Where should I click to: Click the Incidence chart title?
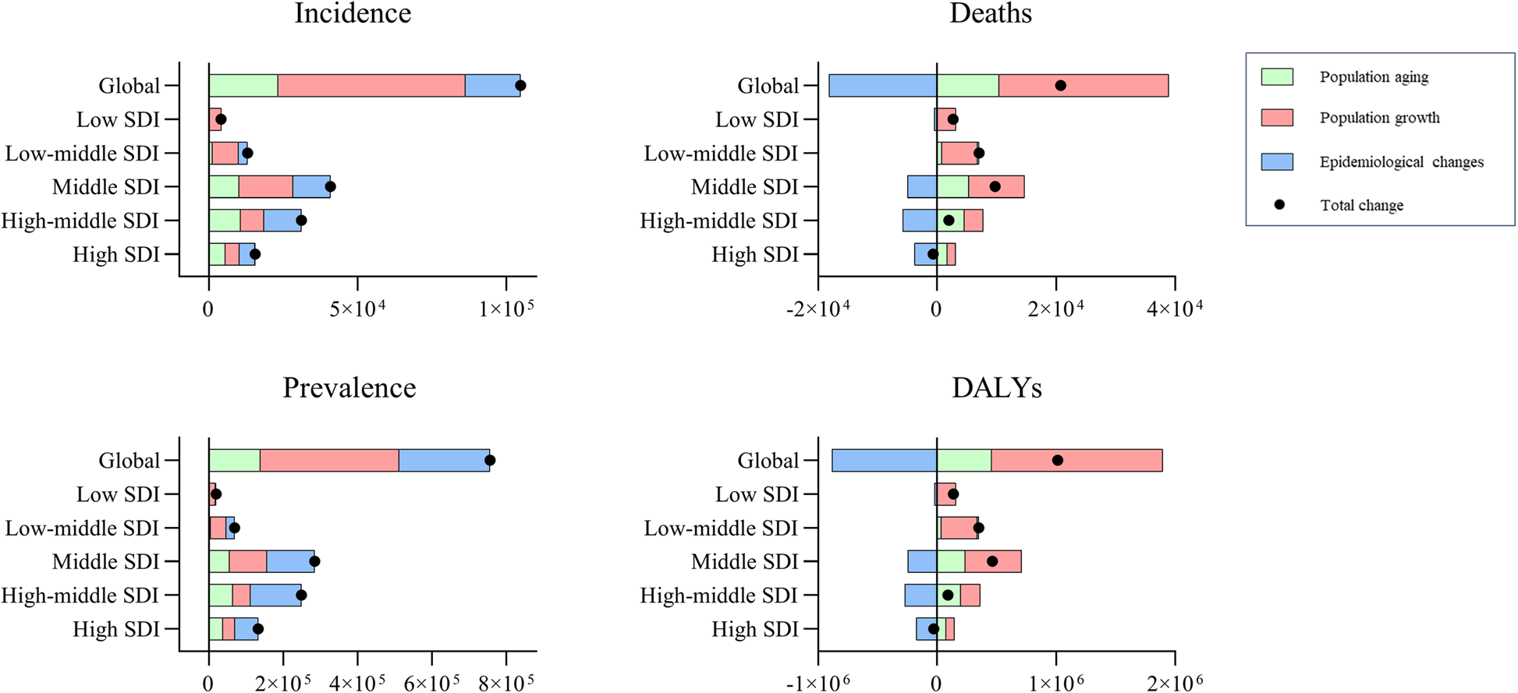(353, 13)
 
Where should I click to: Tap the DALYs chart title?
(996, 388)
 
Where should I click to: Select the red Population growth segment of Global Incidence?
(371, 86)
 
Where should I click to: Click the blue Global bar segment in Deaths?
(882, 86)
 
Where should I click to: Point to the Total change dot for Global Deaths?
(1060, 86)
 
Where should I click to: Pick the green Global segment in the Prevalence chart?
(234, 461)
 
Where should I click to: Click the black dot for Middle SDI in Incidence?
(330, 187)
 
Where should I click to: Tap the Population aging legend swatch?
(1277, 76)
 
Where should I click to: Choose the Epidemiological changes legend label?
(1401, 162)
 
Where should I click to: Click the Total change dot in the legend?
(1279, 205)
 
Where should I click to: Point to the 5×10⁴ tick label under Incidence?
(358, 309)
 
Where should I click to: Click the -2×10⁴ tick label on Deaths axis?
(818, 309)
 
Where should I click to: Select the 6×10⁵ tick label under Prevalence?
(432, 684)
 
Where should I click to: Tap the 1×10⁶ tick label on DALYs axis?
(1056, 684)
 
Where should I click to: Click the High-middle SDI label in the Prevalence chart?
(80, 596)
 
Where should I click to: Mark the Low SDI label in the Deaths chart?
(757, 120)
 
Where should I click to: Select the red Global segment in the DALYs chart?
(1076, 461)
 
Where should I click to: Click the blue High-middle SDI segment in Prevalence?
(275, 596)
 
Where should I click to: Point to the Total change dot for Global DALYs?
(1057, 461)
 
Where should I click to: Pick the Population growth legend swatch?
(1277, 118)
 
